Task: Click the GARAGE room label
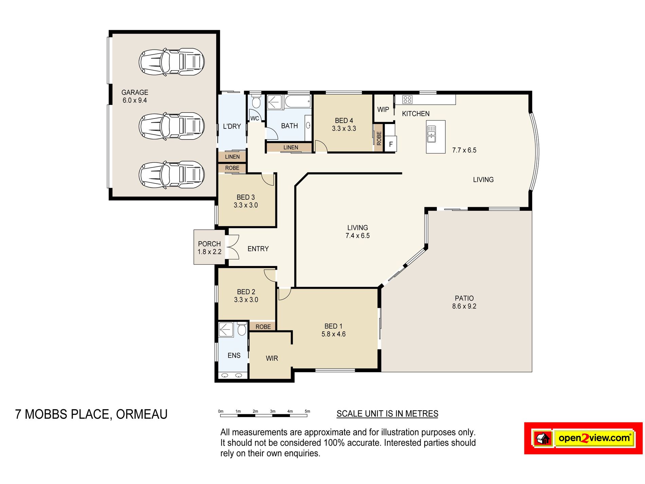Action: (x=135, y=92)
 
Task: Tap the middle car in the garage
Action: (x=171, y=126)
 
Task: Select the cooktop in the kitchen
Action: (x=407, y=100)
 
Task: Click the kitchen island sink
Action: (x=431, y=134)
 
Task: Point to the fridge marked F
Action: (x=391, y=144)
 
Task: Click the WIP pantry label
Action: (x=383, y=110)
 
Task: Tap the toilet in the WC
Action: (x=256, y=102)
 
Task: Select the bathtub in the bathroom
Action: (x=298, y=102)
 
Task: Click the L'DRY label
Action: (x=232, y=126)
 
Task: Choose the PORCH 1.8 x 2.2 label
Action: (x=209, y=248)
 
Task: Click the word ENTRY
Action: (x=258, y=249)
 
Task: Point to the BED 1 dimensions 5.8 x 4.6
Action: (x=333, y=334)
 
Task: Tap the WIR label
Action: (x=272, y=358)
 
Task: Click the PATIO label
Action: (x=464, y=298)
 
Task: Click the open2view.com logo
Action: (x=583, y=438)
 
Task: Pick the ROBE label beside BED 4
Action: (x=379, y=138)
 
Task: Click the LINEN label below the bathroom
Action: (x=291, y=147)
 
